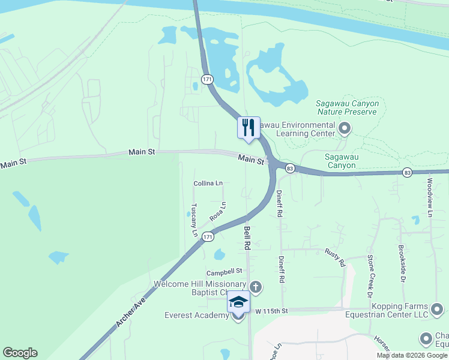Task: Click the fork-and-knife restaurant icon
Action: tap(249, 127)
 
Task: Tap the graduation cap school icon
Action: tap(238, 302)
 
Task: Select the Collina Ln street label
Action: tap(208, 183)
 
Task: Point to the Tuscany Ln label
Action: tap(194, 220)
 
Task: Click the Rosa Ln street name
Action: tap(218, 211)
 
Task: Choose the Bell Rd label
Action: tap(246, 238)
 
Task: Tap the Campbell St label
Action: tap(225, 271)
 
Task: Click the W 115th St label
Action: tap(272, 311)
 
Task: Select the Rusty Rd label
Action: tap(335, 257)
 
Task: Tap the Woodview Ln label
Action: tap(430, 197)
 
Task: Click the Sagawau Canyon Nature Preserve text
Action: tap(348, 107)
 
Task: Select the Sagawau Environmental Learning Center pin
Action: tap(345, 128)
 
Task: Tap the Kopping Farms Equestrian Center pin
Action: tap(438, 310)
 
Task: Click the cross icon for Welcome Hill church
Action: tap(256, 287)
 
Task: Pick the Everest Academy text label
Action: tap(196, 315)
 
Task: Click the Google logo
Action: tap(20, 353)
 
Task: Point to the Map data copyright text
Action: tap(412, 355)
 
